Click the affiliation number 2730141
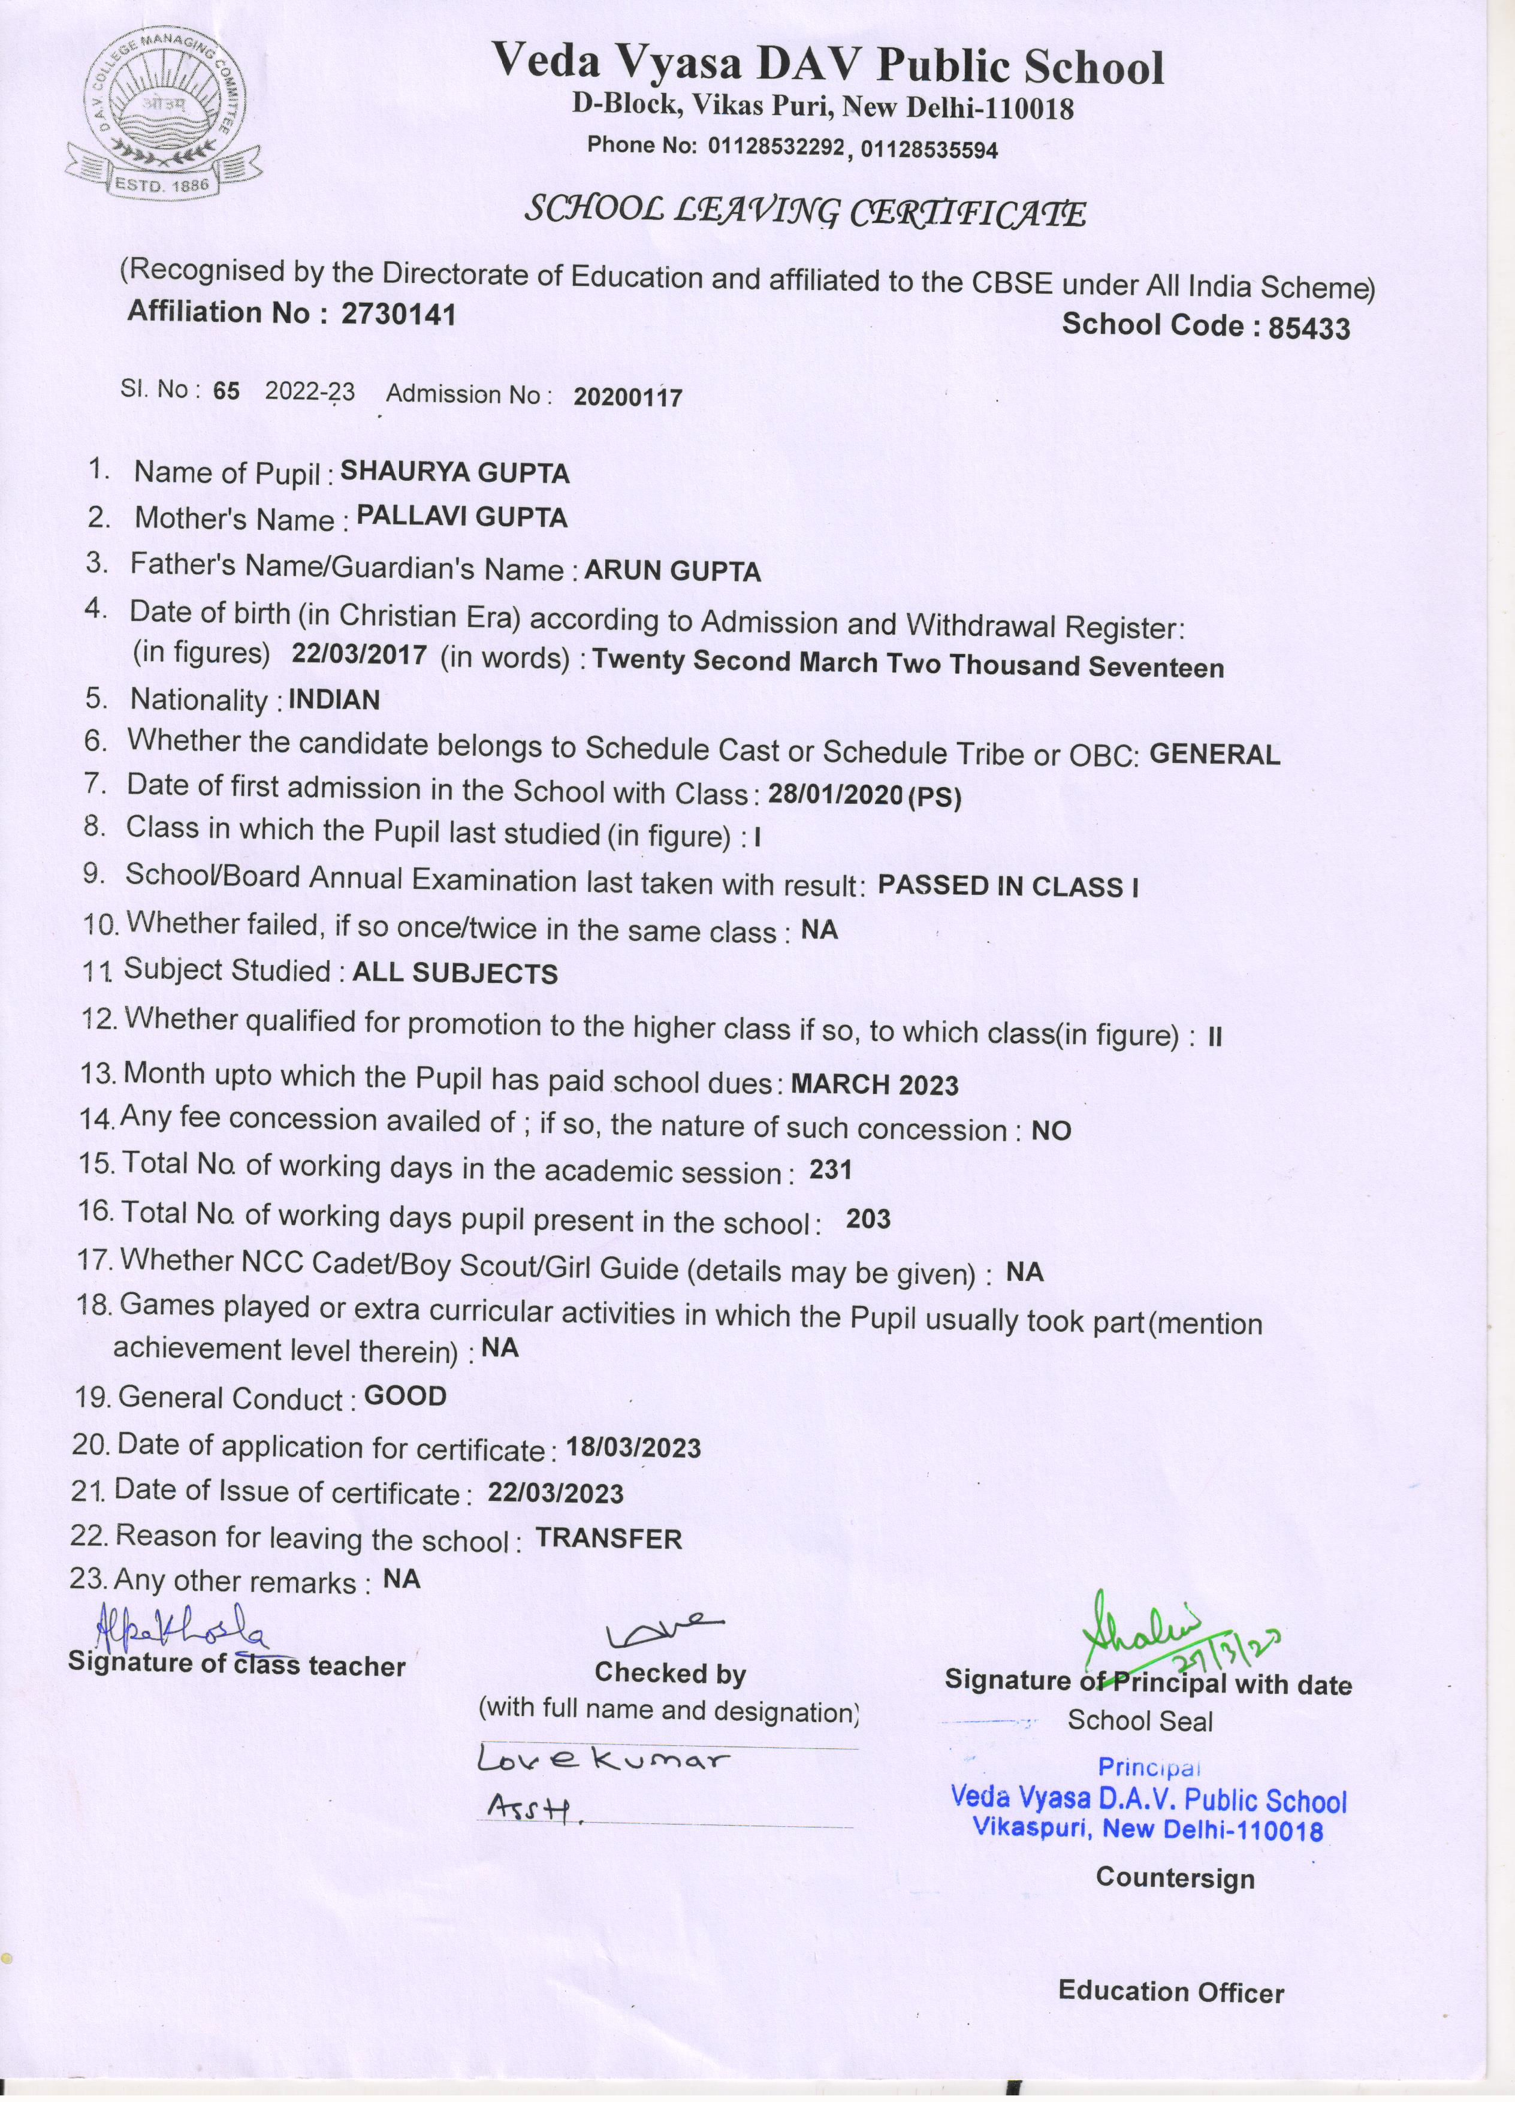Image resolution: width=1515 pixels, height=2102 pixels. [x=399, y=315]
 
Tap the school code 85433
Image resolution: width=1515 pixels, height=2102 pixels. [x=1308, y=327]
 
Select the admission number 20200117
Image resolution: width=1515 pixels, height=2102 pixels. [x=627, y=397]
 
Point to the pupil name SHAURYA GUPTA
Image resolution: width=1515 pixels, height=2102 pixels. [x=455, y=473]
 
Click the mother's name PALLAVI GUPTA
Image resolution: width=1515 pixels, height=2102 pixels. [x=461, y=517]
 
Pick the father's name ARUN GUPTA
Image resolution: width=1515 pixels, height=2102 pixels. [x=673, y=572]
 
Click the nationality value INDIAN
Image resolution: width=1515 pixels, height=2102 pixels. [x=334, y=699]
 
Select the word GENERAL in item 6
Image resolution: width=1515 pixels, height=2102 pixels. [x=1215, y=755]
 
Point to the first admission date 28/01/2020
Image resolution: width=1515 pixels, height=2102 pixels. [x=835, y=794]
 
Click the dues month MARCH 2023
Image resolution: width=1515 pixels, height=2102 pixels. [x=875, y=1084]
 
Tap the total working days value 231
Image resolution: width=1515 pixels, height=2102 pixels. [x=830, y=1169]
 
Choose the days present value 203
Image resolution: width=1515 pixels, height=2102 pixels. [x=868, y=1219]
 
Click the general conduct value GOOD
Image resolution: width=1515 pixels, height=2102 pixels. [x=405, y=1396]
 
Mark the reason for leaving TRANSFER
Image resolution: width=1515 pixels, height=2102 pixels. [x=609, y=1539]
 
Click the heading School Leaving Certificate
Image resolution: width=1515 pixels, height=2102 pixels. [x=804, y=212]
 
